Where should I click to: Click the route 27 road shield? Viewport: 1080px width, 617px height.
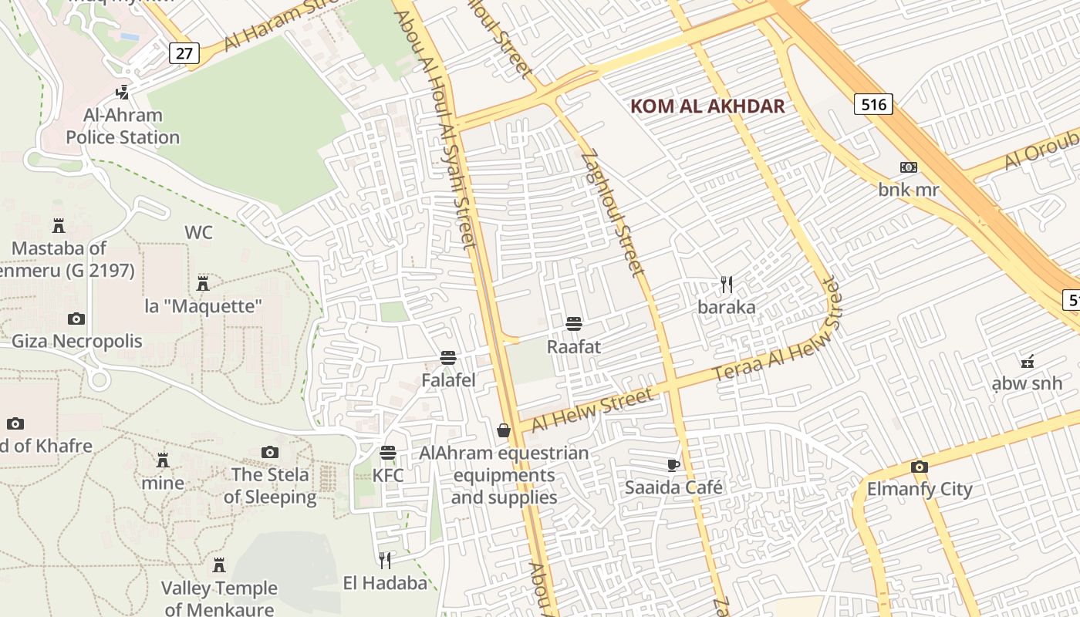pyautogui.click(x=184, y=52)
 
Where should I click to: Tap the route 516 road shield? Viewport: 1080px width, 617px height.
pyautogui.click(x=873, y=103)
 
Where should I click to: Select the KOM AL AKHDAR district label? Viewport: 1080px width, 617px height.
pyautogui.click(x=707, y=106)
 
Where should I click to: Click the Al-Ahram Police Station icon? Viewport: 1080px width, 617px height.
pyautogui.click(x=122, y=93)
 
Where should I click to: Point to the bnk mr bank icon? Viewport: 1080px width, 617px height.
pyautogui.click(x=909, y=167)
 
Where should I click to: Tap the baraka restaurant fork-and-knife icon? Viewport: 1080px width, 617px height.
pyautogui.click(x=726, y=285)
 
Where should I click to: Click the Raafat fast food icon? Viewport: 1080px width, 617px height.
pyautogui.click(x=573, y=324)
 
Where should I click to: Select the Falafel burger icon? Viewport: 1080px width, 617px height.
pyautogui.click(x=447, y=358)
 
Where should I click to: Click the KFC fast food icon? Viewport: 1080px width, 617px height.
pyautogui.click(x=388, y=453)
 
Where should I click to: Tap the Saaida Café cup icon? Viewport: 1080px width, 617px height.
pyautogui.click(x=673, y=465)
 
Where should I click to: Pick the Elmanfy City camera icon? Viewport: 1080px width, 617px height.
pyautogui.click(x=919, y=467)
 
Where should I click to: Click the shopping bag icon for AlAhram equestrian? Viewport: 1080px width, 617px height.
pyautogui.click(x=504, y=430)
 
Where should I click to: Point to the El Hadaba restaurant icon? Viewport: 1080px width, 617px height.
pyautogui.click(x=384, y=561)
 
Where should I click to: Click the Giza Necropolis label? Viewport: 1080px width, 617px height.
pyautogui.click(x=76, y=341)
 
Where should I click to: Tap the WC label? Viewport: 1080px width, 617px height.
pyautogui.click(x=198, y=232)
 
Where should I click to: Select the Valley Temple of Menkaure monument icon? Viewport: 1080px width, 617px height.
pyautogui.click(x=219, y=565)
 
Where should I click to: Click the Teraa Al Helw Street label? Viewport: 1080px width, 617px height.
pyautogui.click(x=779, y=331)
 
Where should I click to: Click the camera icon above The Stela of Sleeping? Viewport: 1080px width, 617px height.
pyautogui.click(x=269, y=453)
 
